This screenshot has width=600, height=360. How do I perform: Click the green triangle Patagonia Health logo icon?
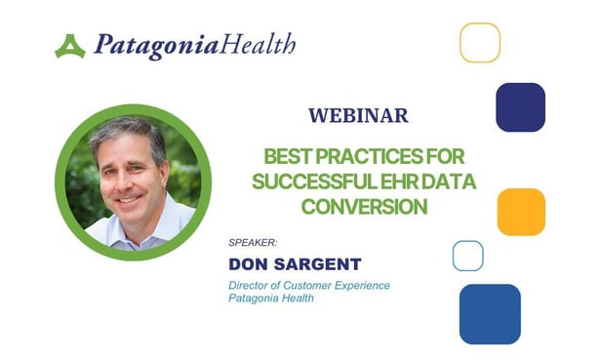70,46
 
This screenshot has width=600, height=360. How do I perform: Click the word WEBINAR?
358,115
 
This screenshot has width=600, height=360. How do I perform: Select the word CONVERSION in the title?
364,206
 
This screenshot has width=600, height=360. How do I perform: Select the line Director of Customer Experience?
308,285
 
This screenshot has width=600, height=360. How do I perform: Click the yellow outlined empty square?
480,42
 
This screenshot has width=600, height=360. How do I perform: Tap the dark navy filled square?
520,107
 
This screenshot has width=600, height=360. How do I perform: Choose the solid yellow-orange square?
521,212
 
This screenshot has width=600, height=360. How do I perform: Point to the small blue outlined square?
468,256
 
